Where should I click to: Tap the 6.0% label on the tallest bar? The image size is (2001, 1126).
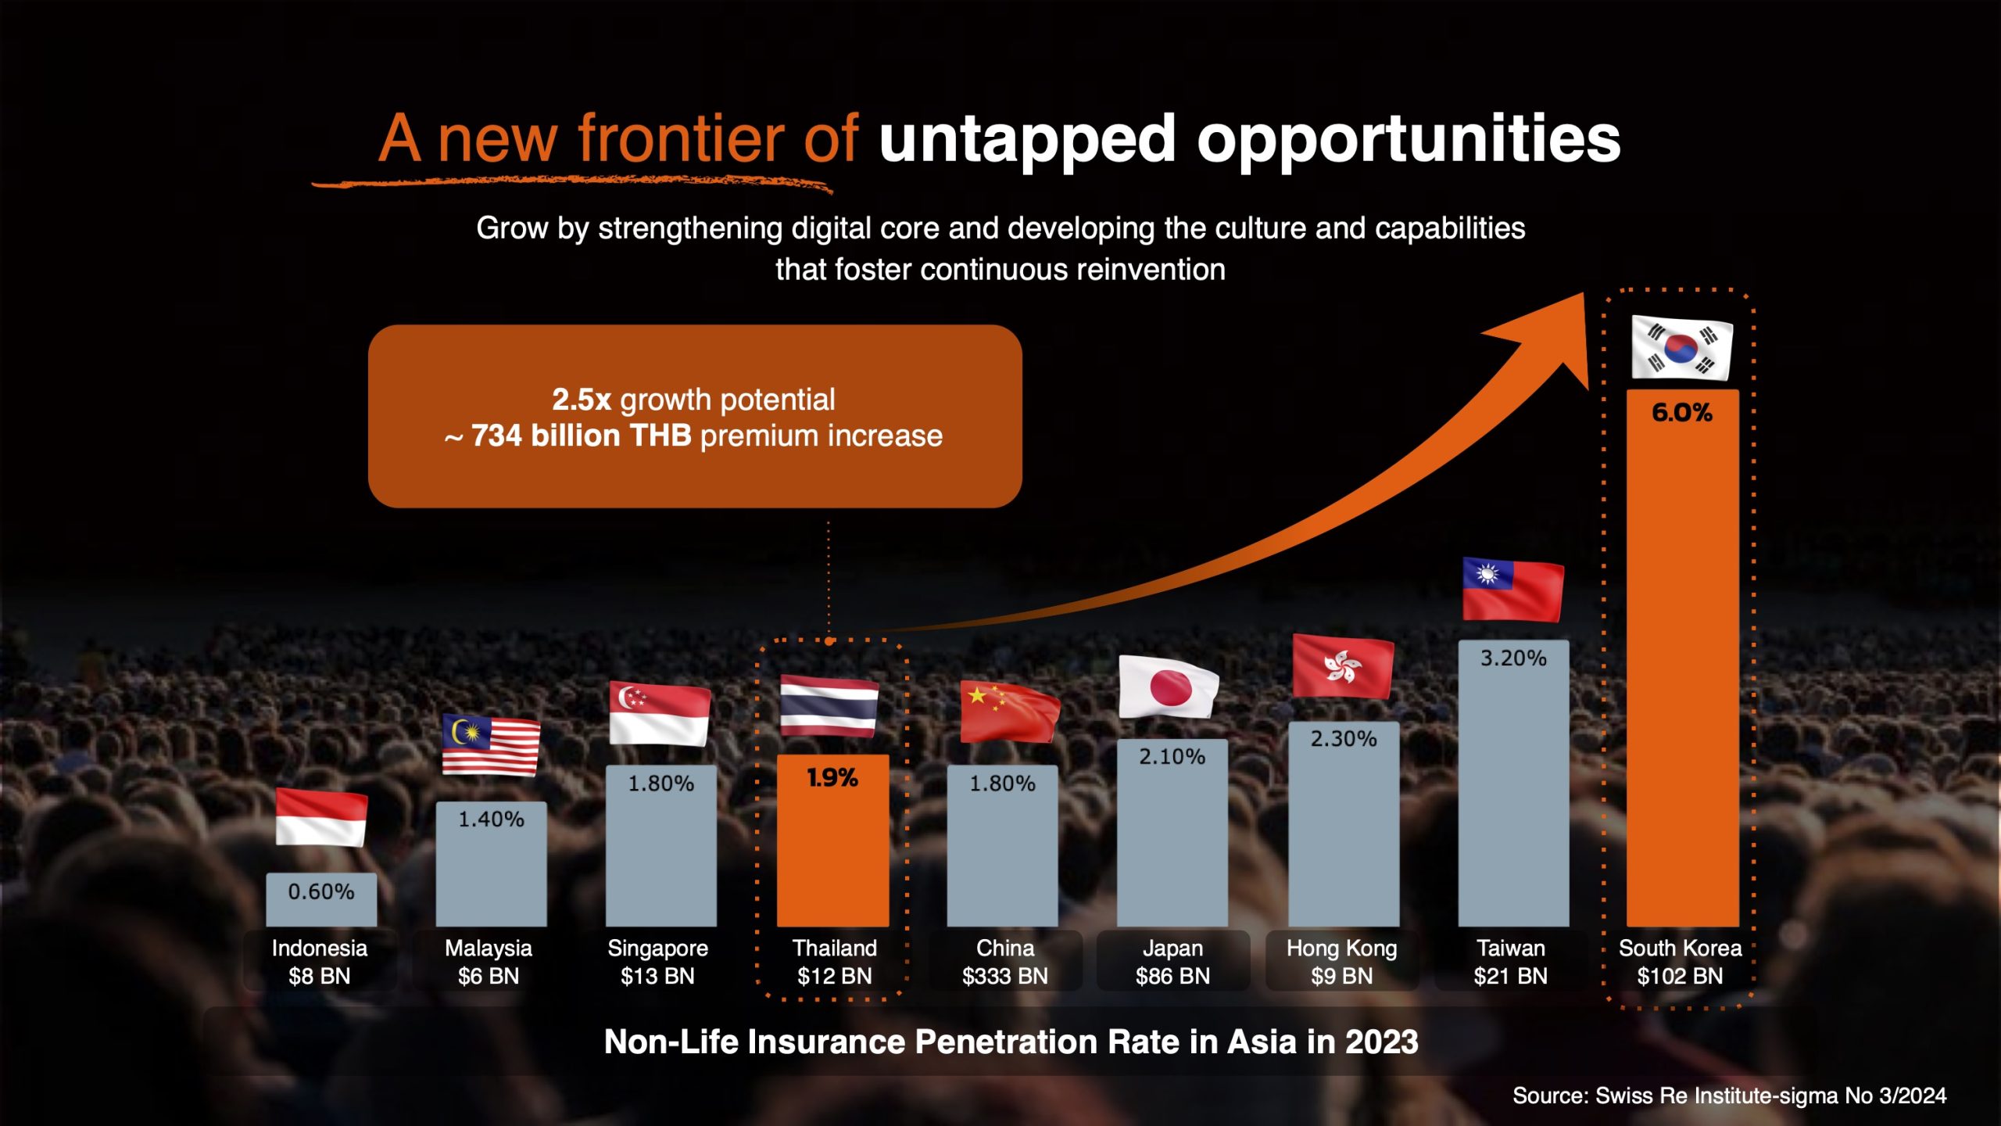click(1682, 413)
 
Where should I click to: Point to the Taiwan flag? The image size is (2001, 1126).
click(1512, 590)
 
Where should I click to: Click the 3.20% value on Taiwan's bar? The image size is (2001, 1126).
click(1513, 658)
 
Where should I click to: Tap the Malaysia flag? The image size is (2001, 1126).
click(490, 744)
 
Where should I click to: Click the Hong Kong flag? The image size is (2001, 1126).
click(1342, 666)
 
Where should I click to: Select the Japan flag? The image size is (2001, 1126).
click(1169, 687)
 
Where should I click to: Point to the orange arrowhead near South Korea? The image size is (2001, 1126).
click(1552, 336)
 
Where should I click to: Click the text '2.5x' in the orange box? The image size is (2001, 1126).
click(581, 400)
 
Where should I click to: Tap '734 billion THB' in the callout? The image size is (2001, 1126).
click(581, 436)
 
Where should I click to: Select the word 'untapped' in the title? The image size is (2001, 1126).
click(1027, 139)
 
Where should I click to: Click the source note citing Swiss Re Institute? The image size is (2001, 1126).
click(1729, 1096)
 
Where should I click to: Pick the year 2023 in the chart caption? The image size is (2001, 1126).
click(1381, 1042)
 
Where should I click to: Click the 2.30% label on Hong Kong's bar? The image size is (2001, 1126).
click(1343, 739)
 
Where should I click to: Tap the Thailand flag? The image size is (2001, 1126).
click(829, 706)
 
